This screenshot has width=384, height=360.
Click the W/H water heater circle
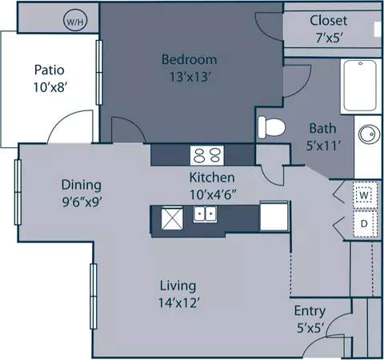click(x=75, y=21)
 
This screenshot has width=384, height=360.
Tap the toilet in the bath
click(x=271, y=127)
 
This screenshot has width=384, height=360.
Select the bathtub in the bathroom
click(x=360, y=86)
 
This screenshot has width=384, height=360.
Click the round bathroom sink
click(x=370, y=134)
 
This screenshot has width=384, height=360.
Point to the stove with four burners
click(x=207, y=155)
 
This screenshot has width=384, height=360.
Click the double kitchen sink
click(x=205, y=214)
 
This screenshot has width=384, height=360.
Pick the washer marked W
click(x=365, y=195)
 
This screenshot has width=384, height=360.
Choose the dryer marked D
click(x=365, y=224)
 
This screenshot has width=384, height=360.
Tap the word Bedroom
click(x=189, y=59)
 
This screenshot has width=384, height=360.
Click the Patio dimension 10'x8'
click(x=50, y=87)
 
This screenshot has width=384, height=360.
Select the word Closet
click(x=329, y=21)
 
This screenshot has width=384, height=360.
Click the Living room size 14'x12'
click(x=179, y=302)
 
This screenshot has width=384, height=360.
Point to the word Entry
click(x=310, y=311)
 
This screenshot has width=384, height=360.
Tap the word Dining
click(x=82, y=185)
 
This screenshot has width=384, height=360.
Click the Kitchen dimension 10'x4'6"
click(x=213, y=194)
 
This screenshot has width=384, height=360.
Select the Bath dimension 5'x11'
click(x=323, y=146)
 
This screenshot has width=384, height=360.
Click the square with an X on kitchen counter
click(x=172, y=218)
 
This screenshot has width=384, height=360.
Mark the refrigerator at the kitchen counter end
click(x=274, y=216)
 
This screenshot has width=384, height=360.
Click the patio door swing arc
click(x=65, y=118)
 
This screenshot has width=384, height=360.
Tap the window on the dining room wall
click(x=18, y=192)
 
